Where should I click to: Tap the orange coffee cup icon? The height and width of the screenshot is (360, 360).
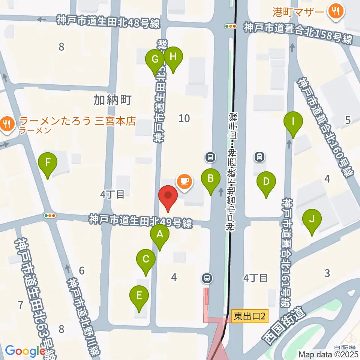point(184,181)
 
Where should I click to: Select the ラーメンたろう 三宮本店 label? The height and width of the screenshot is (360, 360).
point(77,121)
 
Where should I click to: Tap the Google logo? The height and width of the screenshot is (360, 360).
point(25,351)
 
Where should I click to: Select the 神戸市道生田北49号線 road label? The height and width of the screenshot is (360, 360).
point(141,221)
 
